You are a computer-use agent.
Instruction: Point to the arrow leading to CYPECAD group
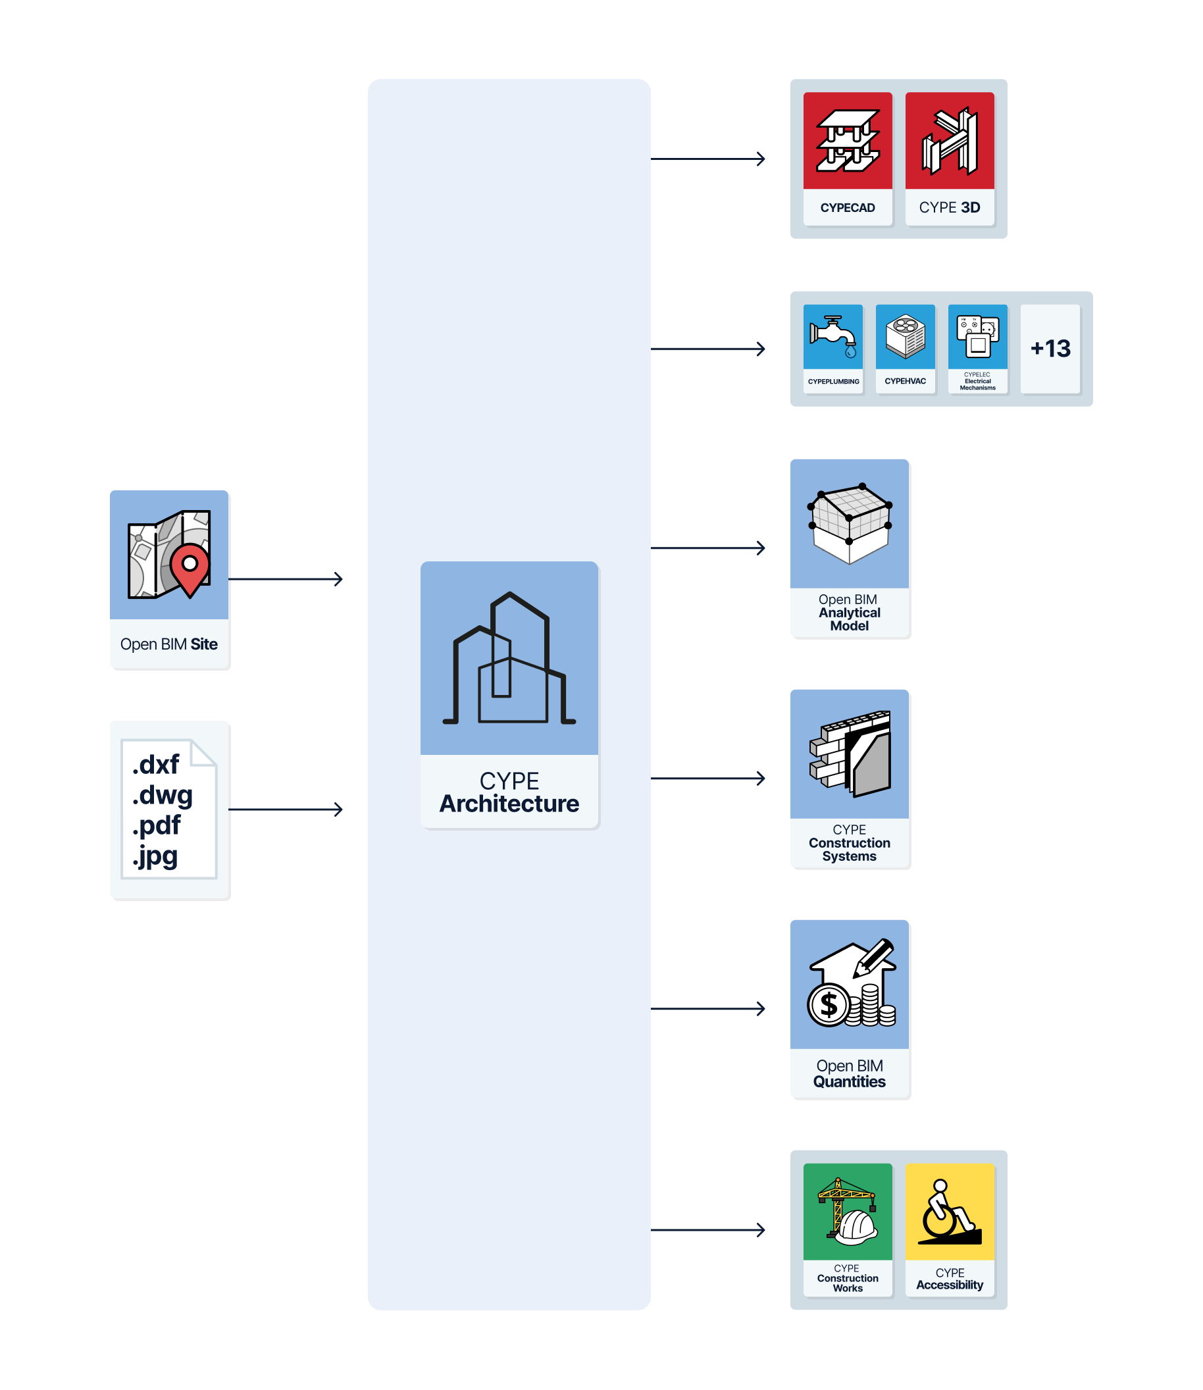pos(707,159)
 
